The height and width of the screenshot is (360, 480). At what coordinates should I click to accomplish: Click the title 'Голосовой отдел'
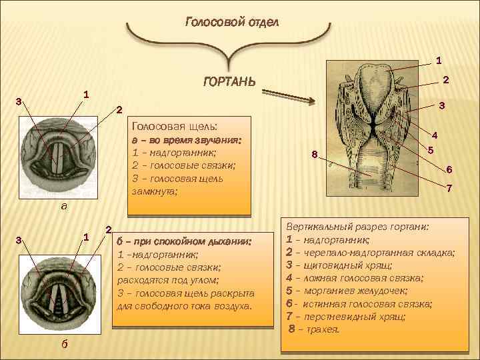[x=232, y=21]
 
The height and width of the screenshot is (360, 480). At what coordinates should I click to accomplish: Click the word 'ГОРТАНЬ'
[x=228, y=83]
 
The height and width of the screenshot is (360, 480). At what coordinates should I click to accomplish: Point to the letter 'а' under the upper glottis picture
[x=63, y=206]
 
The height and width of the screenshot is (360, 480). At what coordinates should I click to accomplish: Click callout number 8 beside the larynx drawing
[x=315, y=155]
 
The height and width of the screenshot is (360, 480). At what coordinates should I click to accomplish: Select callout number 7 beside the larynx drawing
[x=449, y=189]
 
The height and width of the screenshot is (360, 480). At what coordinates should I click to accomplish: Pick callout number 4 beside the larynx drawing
[x=434, y=133]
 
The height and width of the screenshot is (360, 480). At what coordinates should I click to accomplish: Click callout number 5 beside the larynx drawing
[x=431, y=150]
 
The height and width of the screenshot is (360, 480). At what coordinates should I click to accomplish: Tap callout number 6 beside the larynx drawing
[x=449, y=169]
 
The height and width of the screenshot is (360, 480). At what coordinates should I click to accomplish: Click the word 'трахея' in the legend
[x=321, y=329]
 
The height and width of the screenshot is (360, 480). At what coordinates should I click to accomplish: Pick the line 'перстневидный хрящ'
[x=353, y=316]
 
